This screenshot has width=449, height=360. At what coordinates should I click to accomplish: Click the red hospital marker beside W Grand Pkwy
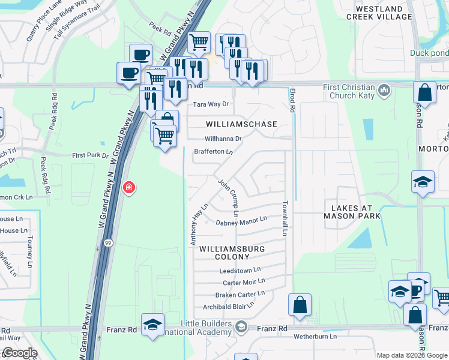click(x=128, y=188)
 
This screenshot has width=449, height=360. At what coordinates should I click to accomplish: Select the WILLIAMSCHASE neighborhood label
click(x=241, y=124)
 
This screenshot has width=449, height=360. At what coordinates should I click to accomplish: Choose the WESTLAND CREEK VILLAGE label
click(x=379, y=13)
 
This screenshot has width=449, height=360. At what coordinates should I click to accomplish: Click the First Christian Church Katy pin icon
click(x=384, y=91)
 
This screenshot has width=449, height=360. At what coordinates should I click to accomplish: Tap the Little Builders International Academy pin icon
click(x=241, y=327)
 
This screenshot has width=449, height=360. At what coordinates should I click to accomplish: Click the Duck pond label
click(x=429, y=52)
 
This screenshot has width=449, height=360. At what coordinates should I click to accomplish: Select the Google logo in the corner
click(x=19, y=353)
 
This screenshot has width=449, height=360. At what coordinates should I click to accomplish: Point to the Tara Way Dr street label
click(x=211, y=104)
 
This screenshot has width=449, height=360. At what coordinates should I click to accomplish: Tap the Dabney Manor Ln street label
click(x=241, y=221)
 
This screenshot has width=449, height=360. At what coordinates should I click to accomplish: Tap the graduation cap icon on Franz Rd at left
click(x=152, y=325)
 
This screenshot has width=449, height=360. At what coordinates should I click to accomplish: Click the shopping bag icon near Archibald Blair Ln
click(x=300, y=305)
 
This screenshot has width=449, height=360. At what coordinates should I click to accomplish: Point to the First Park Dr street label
click(x=90, y=155)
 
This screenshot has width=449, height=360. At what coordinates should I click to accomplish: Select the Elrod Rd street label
click(x=292, y=100)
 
